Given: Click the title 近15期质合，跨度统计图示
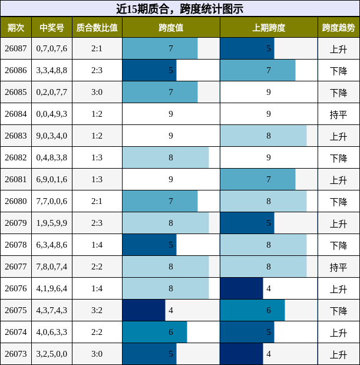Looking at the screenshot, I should click(180, 9).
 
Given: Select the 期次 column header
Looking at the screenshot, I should click(16, 28).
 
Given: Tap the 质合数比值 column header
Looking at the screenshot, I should click(97, 28).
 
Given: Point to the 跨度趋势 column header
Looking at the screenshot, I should click(338, 28).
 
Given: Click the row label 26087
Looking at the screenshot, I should click(16, 48).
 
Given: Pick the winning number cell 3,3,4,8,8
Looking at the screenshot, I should click(52, 70).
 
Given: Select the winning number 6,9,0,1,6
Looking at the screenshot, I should click(52, 179).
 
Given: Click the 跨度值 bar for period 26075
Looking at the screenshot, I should click(144, 310).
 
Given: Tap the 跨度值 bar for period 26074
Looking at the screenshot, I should click(154, 332).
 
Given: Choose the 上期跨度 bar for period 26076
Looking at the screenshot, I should click(241, 288).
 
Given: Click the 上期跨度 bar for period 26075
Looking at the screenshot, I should click(252, 310).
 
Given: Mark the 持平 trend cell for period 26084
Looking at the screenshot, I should click(338, 114).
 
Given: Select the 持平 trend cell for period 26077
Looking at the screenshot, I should click(338, 267).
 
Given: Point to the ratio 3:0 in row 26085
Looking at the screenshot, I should click(97, 92).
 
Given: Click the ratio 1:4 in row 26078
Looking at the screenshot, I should click(97, 245).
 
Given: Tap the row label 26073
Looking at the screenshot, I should click(16, 354).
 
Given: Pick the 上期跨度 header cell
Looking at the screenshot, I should click(269, 28).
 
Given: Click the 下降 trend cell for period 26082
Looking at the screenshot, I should click(338, 158).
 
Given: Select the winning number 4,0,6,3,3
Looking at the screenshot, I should click(52, 332).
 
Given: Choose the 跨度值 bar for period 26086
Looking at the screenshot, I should click(149, 70).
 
